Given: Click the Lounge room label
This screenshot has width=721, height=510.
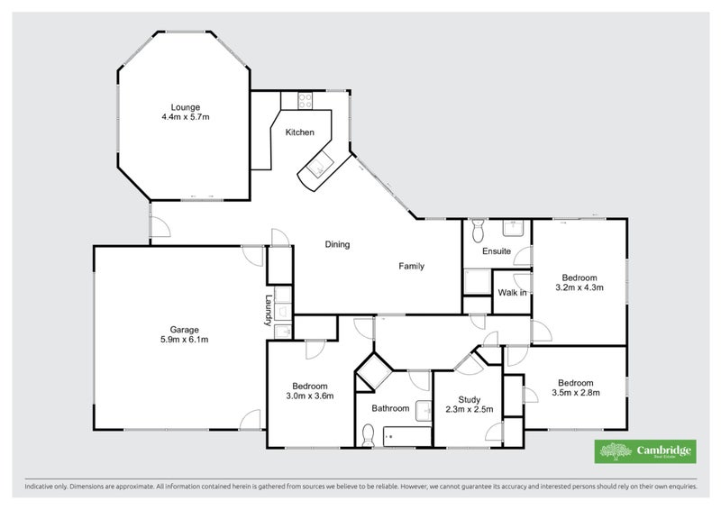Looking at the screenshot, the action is [x=186, y=107].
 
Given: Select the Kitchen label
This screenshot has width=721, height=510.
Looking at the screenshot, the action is [x=300, y=132].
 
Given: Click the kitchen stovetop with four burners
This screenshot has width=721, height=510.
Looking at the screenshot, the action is [x=305, y=101].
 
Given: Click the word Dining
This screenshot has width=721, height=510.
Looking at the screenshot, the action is [x=337, y=245].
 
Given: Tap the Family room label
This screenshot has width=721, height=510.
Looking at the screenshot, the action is [x=412, y=267].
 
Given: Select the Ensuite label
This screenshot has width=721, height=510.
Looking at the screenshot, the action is [x=497, y=251].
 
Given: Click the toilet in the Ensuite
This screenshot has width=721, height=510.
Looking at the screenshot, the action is [x=479, y=231].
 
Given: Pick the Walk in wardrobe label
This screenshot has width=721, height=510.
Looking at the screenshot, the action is [x=512, y=293].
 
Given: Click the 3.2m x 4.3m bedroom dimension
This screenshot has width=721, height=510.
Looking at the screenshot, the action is [x=580, y=287].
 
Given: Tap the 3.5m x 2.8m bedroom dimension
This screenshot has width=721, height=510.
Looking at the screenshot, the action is [x=576, y=393].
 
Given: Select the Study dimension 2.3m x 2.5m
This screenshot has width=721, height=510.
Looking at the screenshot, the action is [x=469, y=409].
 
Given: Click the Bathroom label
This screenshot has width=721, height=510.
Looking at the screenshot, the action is [x=390, y=408].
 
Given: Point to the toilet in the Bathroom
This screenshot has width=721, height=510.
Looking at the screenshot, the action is [x=368, y=435].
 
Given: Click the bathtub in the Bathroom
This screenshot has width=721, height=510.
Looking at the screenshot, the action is [x=407, y=436].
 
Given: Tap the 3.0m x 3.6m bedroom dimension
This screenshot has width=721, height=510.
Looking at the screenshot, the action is [x=309, y=396].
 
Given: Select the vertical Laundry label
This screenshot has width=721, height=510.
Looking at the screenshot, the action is [x=268, y=310].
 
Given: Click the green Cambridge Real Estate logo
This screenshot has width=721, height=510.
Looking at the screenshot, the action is [x=645, y=451].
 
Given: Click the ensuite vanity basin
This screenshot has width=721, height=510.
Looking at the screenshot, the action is [x=516, y=228].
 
